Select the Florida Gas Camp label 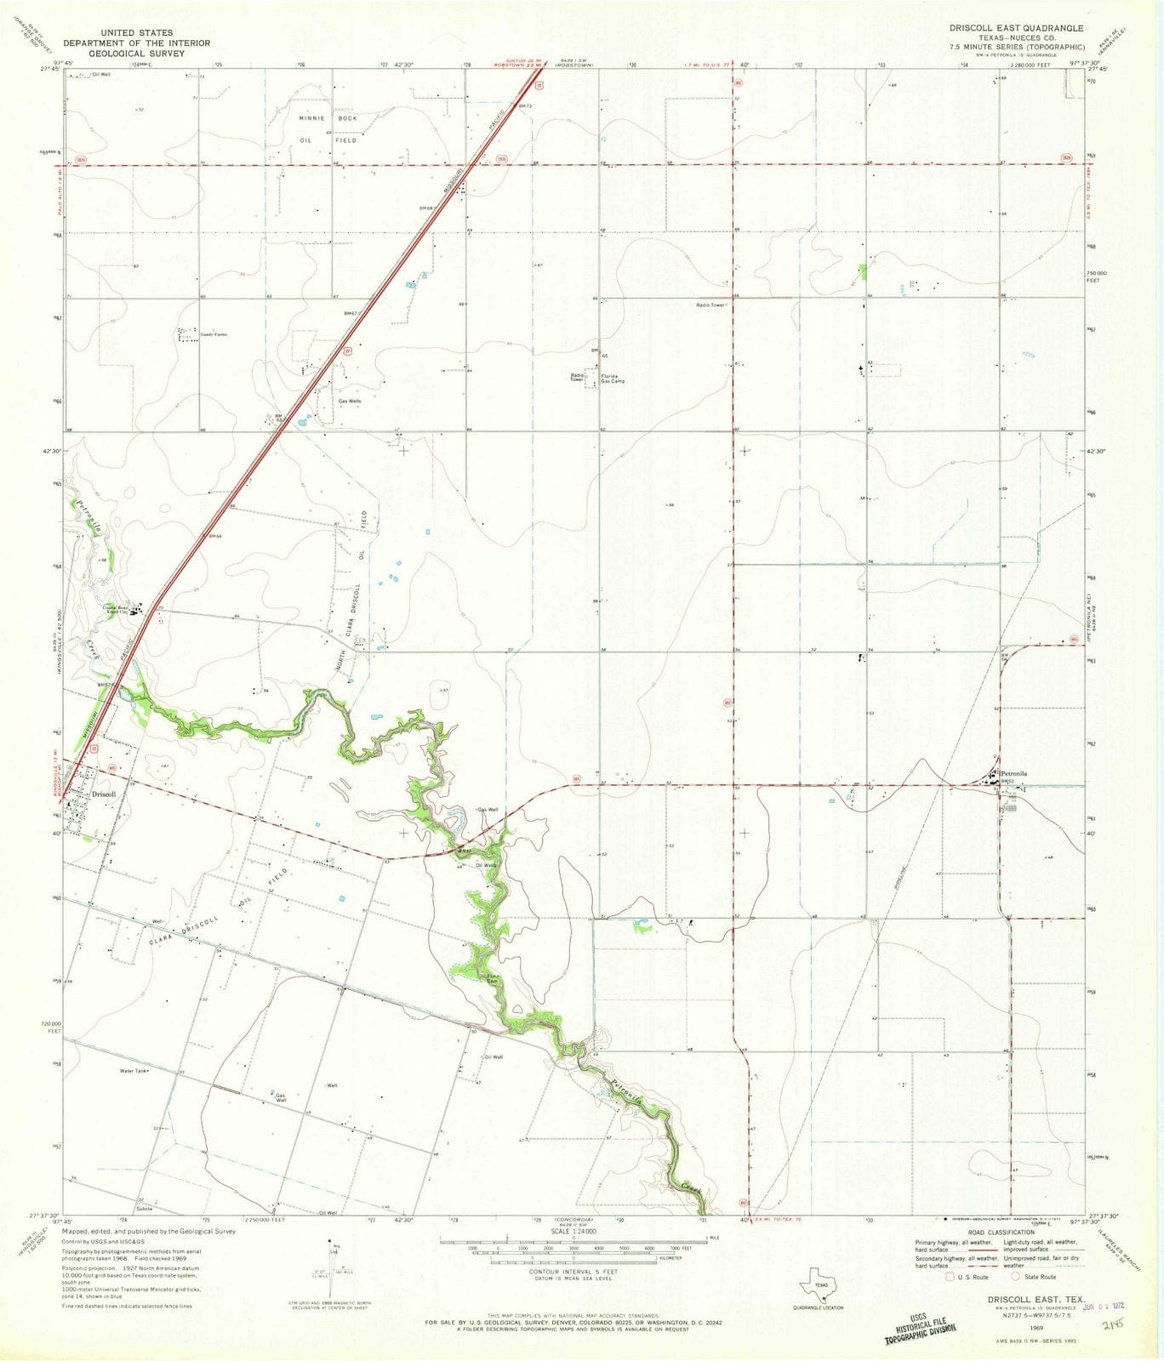[613, 379]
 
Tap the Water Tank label [134, 1071]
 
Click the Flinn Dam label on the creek [492, 979]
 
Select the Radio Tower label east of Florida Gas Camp [710, 305]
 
